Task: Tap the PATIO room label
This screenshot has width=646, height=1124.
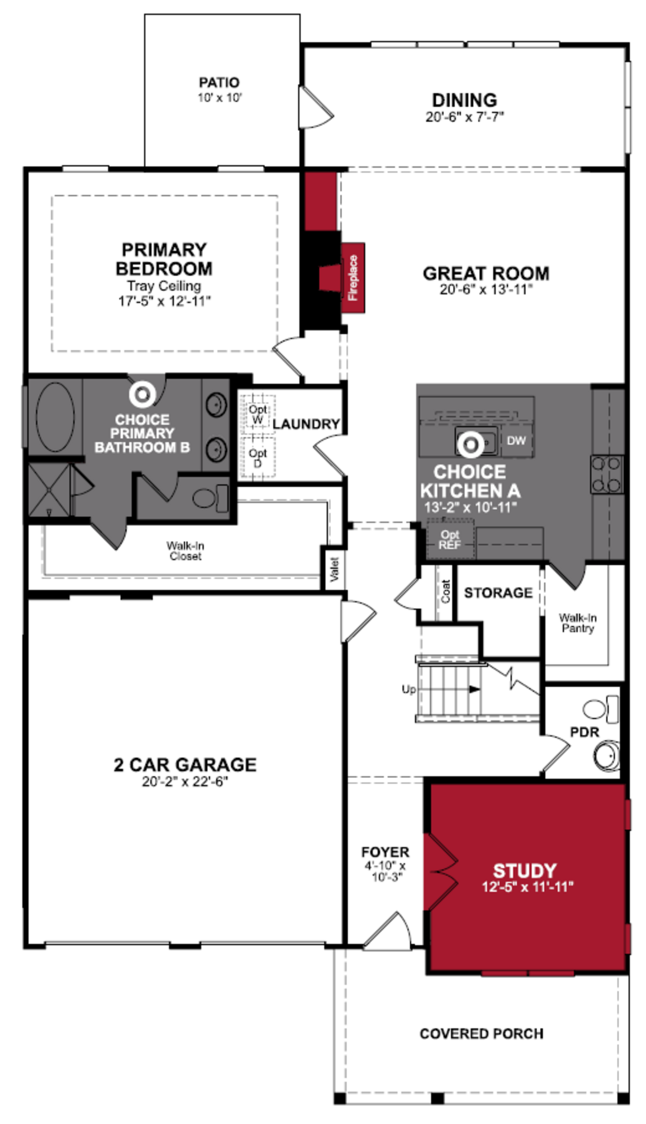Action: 219,83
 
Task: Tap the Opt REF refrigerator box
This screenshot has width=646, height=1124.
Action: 450,540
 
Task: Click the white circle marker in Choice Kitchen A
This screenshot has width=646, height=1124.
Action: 470,444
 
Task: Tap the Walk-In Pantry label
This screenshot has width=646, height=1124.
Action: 577,623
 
